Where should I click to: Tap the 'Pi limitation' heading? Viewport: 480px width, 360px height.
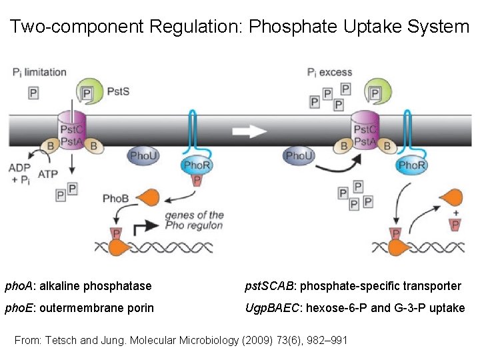click(39, 72)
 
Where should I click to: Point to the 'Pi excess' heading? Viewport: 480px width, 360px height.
click(329, 72)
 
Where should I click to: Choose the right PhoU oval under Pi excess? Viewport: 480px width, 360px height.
click(299, 156)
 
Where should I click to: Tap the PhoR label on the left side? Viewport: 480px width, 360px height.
click(197, 165)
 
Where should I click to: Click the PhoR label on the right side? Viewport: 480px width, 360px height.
click(411, 165)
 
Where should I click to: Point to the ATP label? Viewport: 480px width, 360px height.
click(48, 174)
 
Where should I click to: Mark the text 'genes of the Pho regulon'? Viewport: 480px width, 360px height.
click(194, 220)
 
